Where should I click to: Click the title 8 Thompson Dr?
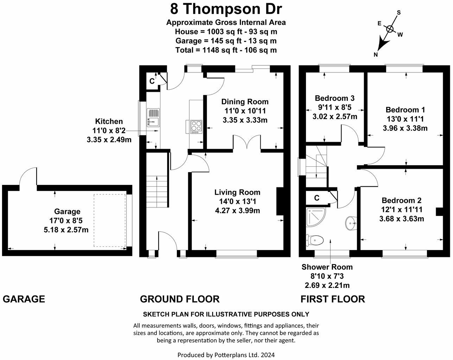226,8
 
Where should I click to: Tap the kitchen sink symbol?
154,117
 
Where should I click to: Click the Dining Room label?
245,102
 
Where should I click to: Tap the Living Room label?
237,192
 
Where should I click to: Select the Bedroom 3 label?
334,98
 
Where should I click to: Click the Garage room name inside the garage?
67,212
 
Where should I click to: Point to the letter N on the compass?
376,54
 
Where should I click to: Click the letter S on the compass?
399,13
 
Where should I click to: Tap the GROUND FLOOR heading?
179,299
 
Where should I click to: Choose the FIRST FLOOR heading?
332,299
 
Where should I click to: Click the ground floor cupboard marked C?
152,81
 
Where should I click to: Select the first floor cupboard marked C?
317,198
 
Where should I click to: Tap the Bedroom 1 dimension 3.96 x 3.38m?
405,128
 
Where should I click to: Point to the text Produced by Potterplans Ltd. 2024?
226,355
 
